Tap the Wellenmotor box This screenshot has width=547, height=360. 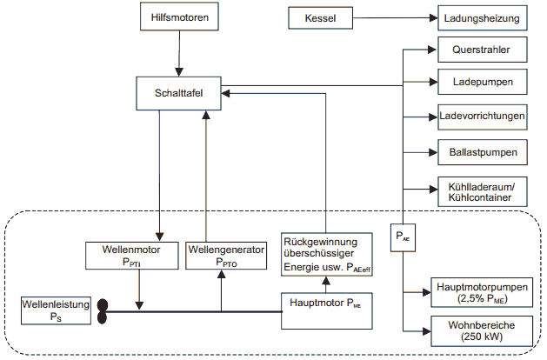pos(131,257)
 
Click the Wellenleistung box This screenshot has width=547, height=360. pos(56,310)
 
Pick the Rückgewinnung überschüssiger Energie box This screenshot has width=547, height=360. pos(326,253)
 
